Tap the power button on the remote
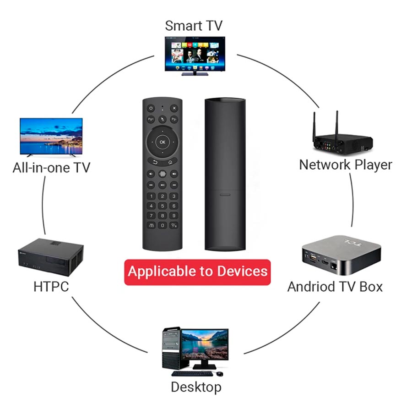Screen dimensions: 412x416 pyautogui.click(x=151, y=108)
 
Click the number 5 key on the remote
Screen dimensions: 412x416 pyautogui.click(x=163, y=206)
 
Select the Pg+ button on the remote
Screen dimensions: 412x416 pyautogui.click(x=151, y=119)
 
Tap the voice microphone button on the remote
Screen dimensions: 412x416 pyautogui.click(x=163, y=174)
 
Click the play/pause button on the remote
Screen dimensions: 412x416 pyautogui.click(x=163, y=185)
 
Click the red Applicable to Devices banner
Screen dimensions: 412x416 pyautogui.click(x=197, y=272)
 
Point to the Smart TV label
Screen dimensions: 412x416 pyautogui.click(x=194, y=26)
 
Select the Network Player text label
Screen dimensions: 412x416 pyautogui.click(x=346, y=165)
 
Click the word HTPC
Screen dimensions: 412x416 pyautogui.click(x=51, y=287)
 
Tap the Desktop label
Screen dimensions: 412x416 pyautogui.click(x=196, y=387)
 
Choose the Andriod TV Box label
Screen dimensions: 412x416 pyautogui.click(x=335, y=287)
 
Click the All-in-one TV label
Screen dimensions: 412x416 pyautogui.click(x=51, y=168)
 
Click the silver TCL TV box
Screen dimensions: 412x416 pyautogui.click(x=342, y=255)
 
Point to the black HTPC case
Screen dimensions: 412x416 pyautogui.click(x=51, y=257)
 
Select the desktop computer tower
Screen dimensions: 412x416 pyautogui.click(x=171, y=348)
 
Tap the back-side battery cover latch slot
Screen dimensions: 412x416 pyautogui.click(x=225, y=195)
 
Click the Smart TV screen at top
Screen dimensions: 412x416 pyautogui.click(x=195, y=54)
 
